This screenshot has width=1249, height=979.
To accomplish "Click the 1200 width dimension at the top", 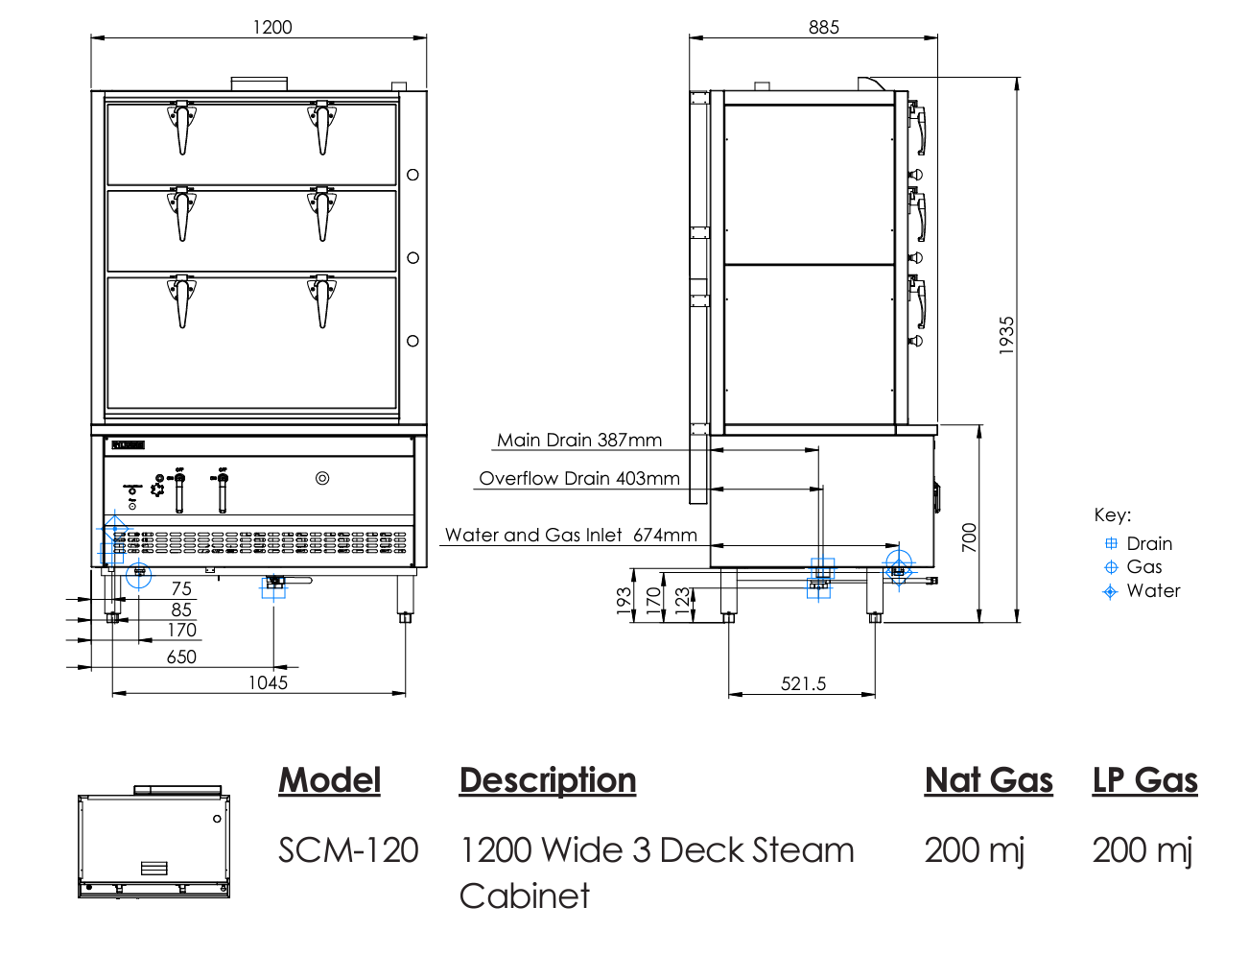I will coord(272,27).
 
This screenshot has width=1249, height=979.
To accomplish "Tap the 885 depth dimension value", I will coord(823,27).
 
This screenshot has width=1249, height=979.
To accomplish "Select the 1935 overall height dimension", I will coord(1006,335).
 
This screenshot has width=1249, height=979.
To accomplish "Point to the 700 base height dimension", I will coord(970,537).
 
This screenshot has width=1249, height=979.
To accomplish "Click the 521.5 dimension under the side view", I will coord(803,683).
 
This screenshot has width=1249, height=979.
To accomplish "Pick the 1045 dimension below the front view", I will coord(268,682).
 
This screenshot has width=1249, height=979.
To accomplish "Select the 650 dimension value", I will coord(181,657).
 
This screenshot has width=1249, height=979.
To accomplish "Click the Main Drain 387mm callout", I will coord(579,440).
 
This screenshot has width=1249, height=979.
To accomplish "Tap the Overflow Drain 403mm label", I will coord(579,478).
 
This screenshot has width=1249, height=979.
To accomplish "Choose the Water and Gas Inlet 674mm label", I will coord(571,535).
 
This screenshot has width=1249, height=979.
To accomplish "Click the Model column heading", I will coord(329,779).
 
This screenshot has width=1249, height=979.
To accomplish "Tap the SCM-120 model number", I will coord(348,849).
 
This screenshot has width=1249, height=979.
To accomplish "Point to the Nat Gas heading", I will coord(988,779).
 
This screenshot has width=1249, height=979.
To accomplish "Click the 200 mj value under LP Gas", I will coord(1142,849).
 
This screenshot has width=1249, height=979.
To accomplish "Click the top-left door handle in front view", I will coord(181,127).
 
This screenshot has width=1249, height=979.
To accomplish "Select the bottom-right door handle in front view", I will coord(322,300).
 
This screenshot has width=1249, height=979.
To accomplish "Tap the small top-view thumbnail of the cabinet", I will coord(153,843).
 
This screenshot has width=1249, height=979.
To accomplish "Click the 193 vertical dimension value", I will coord(624,601).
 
